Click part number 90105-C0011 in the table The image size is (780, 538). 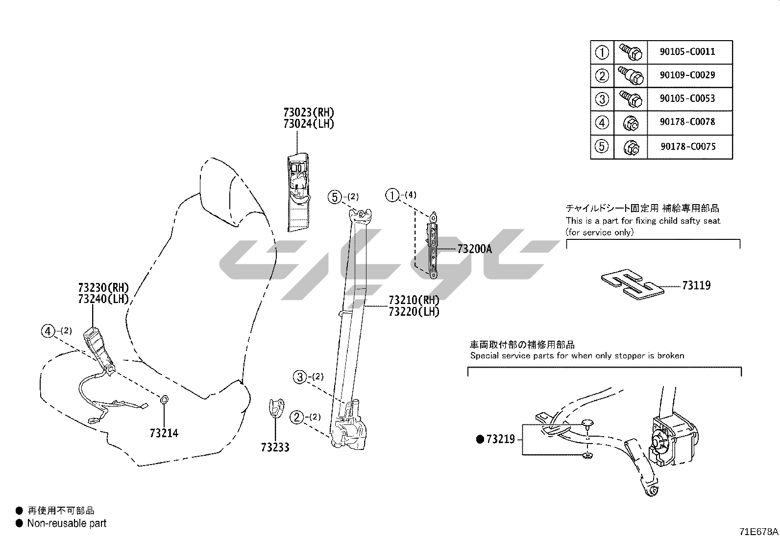pos(687,51)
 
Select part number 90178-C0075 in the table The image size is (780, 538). pos(687,146)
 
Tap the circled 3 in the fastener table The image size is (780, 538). pos(602,99)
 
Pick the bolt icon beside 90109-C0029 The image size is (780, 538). pos(631,75)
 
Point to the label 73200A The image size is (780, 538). pos(474,249)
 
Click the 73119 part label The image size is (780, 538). pos(696,285)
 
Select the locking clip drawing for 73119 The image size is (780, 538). pos(632,284)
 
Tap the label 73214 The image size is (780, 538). pos(164,433)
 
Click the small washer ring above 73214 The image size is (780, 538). pos(164,400)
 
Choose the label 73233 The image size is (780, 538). pos(275,447)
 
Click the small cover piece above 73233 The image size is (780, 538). pos(276,408)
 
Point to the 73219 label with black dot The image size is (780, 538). pos(500,439)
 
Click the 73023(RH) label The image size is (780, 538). pos(309,112)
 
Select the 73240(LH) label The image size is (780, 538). pos(103,299)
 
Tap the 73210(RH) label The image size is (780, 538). pos(414,300)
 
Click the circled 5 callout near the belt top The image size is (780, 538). pos(335,197)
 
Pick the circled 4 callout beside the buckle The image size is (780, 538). pos(48,331)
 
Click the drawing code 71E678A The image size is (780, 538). pos(758,532)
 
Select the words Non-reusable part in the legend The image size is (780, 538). pos(67,523)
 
